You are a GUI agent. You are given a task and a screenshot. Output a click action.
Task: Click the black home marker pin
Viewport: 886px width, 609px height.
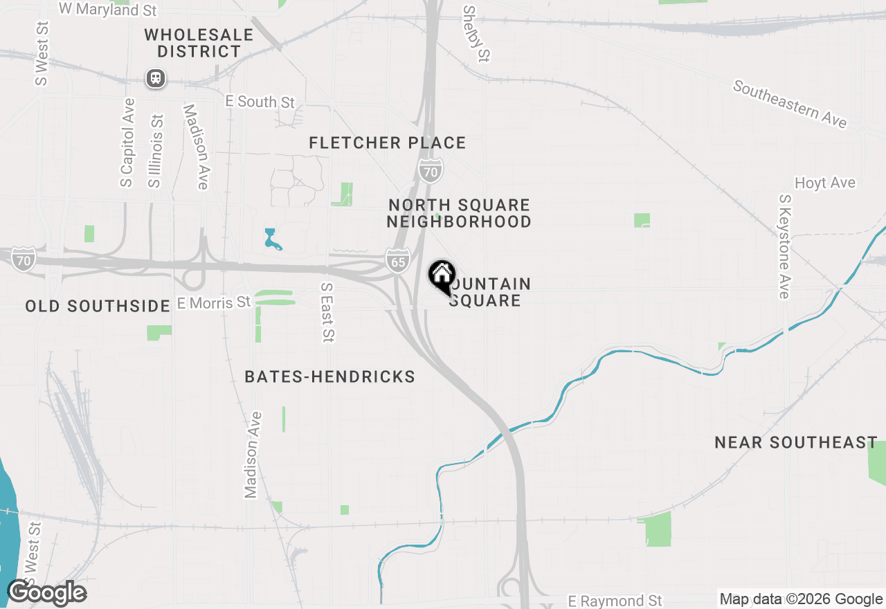click(441, 276)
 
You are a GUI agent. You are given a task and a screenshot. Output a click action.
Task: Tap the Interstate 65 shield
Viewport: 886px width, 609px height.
click(398, 262)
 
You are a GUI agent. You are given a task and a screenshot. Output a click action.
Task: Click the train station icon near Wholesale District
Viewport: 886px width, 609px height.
click(156, 78)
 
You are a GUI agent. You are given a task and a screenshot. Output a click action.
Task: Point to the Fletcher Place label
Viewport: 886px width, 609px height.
click(387, 143)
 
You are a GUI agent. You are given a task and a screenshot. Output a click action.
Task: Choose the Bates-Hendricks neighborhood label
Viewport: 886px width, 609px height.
click(329, 376)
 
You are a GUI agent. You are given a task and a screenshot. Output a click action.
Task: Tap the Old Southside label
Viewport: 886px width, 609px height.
click(98, 306)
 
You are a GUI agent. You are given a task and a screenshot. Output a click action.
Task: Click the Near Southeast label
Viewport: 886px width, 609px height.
click(796, 442)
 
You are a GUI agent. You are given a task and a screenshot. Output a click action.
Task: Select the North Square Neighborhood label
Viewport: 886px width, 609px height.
click(459, 213)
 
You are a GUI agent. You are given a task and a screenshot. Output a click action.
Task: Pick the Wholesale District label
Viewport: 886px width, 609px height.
click(199, 43)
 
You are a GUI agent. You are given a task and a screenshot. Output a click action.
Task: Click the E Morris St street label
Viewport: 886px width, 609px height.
click(214, 302)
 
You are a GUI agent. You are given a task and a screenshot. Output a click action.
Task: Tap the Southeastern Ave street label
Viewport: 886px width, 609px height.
click(790, 104)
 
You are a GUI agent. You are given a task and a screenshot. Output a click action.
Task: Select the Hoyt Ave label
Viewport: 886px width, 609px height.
click(825, 183)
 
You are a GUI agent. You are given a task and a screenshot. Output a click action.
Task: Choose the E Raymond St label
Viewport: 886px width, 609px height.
click(615, 600)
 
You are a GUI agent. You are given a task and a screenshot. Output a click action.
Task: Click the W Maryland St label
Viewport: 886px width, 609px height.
click(107, 9)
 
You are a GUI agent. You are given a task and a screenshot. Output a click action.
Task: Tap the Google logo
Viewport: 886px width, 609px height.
click(46, 593)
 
